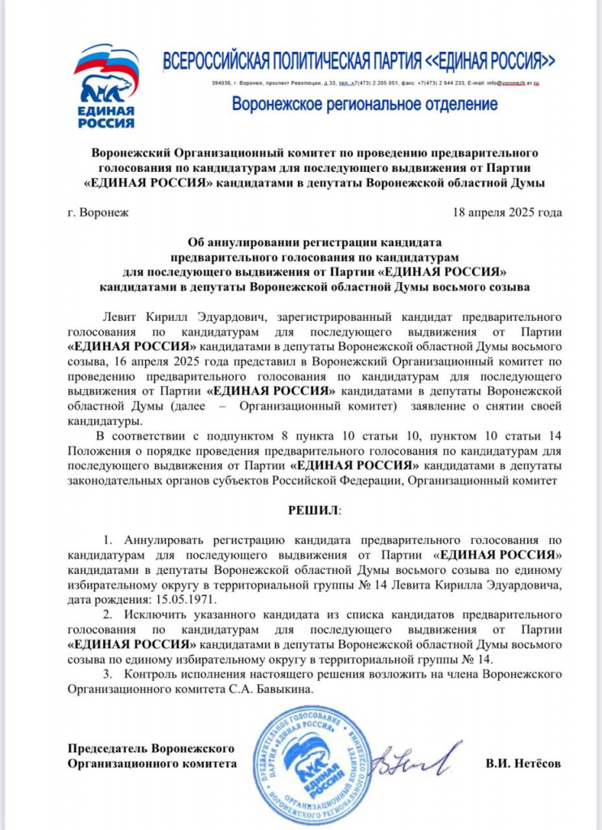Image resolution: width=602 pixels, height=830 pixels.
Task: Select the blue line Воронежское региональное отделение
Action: point(364,104)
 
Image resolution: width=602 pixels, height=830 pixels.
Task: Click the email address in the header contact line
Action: point(514,83)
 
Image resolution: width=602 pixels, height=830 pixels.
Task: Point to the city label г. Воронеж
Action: point(92,213)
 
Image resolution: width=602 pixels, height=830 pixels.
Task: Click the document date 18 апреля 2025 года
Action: point(509,213)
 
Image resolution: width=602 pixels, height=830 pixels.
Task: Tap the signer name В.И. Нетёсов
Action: point(523,764)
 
